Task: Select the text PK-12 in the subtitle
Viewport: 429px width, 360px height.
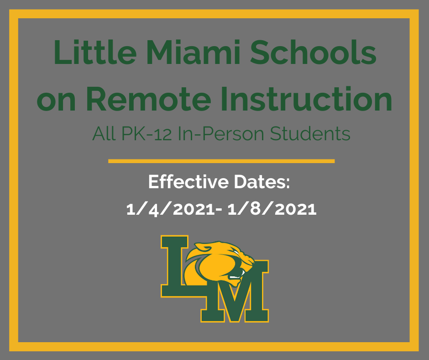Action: [138, 134]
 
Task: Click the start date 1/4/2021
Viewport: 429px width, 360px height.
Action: [171, 209]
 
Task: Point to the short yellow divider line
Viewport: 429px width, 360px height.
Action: [221, 161]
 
